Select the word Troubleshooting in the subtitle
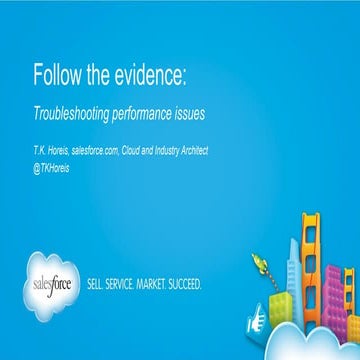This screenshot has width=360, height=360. (x=75, y=115)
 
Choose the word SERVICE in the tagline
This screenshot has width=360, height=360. (x=128, y=284)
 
